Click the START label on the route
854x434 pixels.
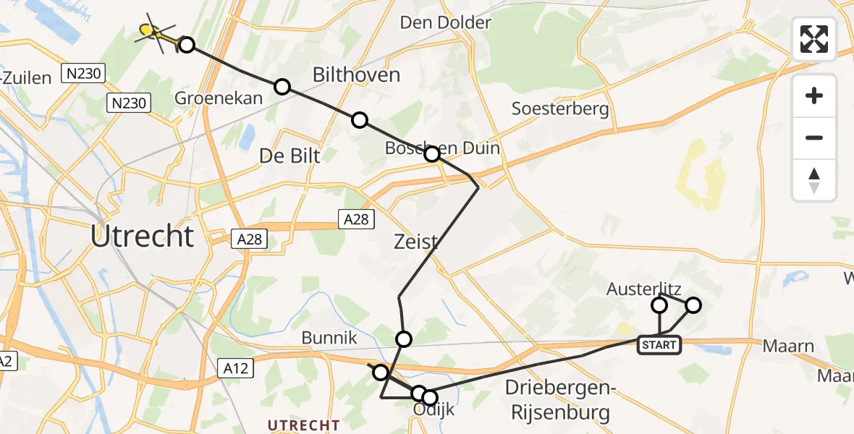tap(659, 345)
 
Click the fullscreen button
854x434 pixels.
tap(814, 39)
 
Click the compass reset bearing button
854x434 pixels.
tap(814, 180)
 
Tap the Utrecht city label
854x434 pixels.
tap(143, 237)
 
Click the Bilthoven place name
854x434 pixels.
tap(355, 74)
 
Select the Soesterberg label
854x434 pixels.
tap(560, 109)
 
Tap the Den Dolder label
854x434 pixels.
tap(446, 22)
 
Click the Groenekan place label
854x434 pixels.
tap(219, 98)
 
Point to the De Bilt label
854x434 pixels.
tap(289, 155)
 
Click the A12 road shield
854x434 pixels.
tap(236, 369)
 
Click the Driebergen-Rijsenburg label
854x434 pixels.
tap(559, 400)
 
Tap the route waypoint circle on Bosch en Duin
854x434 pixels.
tap(432, 154)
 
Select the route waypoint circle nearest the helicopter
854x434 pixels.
tap(187, 45)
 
